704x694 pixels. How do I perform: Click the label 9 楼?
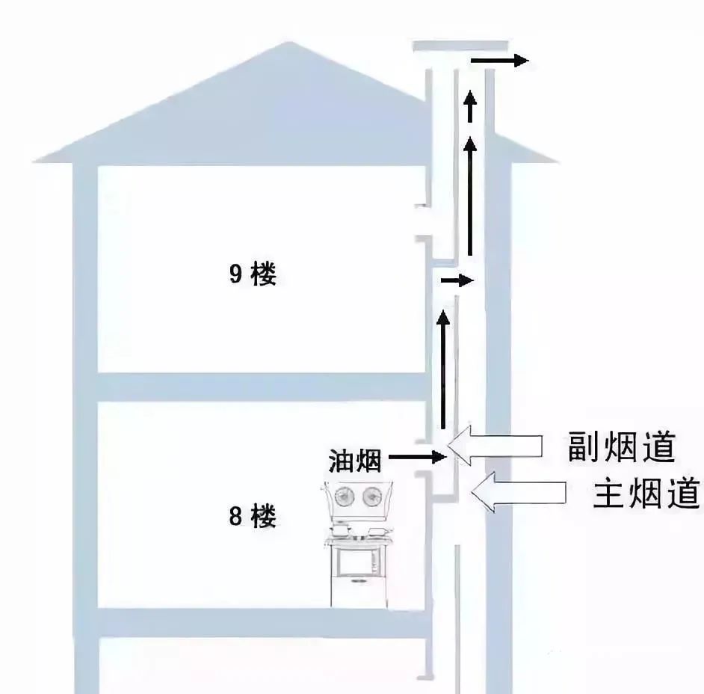coord(253,274)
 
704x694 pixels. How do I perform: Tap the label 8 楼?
coord(253,516)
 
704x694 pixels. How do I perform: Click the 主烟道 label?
coord(646,494)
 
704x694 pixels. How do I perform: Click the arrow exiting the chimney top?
coord(500,61)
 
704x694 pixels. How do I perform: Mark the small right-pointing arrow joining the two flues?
coord(457,281)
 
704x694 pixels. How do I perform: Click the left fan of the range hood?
coord(345,496)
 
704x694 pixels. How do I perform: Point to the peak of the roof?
coord(292,46)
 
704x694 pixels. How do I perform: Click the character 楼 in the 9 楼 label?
coord(264,274)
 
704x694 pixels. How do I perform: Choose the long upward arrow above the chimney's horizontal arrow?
coord(470,198)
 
